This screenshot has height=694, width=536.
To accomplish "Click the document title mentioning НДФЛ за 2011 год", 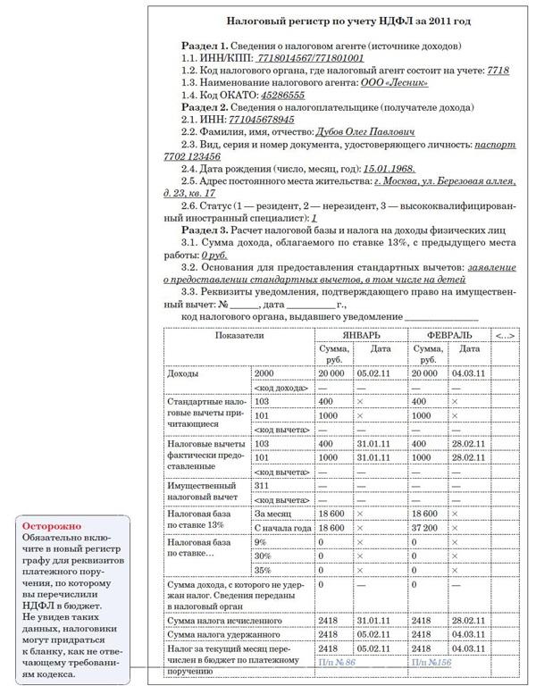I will pos(337,20).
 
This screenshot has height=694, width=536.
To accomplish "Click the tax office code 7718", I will pos(498,70).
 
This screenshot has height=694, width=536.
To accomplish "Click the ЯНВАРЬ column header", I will pos(356,335).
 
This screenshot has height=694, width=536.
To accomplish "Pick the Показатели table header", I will pos(239,335).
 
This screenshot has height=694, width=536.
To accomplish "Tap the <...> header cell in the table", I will pos(505,335).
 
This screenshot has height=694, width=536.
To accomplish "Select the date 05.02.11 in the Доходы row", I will pos(374,373).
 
